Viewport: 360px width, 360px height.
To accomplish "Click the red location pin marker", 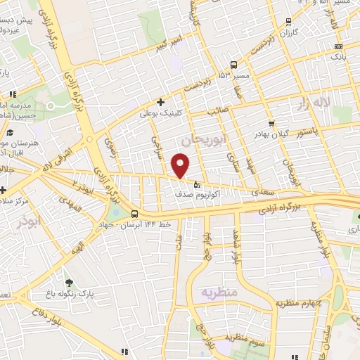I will tap(181, 165).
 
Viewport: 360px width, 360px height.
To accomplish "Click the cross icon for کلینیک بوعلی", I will tap(161, 102).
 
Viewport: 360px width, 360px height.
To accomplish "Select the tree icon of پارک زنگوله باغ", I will tap(68, 283).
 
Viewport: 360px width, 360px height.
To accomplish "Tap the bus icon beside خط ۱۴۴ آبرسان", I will tap(135, 214).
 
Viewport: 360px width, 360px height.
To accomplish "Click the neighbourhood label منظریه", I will tap(219, 291).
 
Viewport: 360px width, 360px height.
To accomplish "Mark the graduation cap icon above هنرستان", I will tap(10, 133).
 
